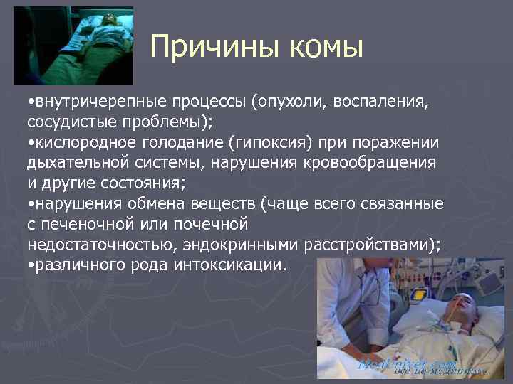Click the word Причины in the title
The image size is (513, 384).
tap(214, 48)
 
